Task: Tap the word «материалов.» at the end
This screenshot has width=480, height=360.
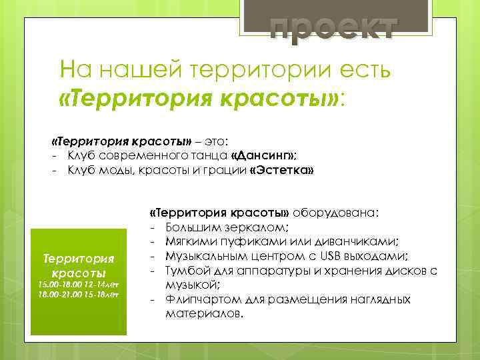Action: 205,313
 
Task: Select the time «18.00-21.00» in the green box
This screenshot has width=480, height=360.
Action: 57,294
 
